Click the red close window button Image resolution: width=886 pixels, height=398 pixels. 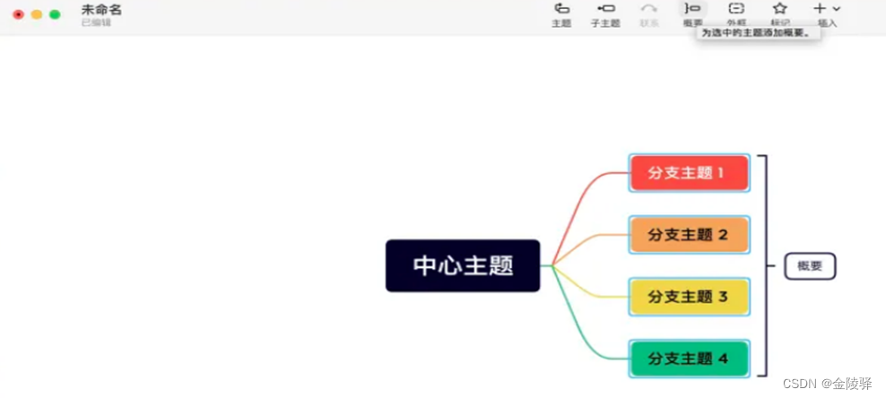coord(18,14)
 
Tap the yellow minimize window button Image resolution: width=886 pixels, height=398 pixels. coord(37,14)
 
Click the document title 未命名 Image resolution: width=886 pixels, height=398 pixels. coord(101,9)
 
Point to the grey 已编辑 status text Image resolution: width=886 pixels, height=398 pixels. coord(96,22)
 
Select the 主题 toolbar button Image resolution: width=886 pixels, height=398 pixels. coord(561,13)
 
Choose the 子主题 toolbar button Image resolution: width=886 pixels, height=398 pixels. coord(605,13)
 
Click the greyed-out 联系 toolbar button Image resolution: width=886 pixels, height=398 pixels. coord(648,13)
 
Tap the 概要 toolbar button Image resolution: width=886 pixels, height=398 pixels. coord(692,13)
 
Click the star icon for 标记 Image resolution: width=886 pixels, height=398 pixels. coord(780,9)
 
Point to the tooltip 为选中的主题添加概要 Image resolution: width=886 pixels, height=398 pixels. coord(756,33)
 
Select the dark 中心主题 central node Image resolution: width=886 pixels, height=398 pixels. coord(463,265)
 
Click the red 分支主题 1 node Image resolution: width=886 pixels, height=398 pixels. coord(688,173)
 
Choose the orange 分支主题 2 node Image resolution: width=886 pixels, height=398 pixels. coord(688,235)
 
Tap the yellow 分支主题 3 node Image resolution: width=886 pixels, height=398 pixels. coord(688,297)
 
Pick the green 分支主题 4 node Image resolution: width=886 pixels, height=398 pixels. coord(688,359)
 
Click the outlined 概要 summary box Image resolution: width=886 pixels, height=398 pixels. coord(810,266)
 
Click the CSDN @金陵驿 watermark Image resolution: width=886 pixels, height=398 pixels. coord(826,384)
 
